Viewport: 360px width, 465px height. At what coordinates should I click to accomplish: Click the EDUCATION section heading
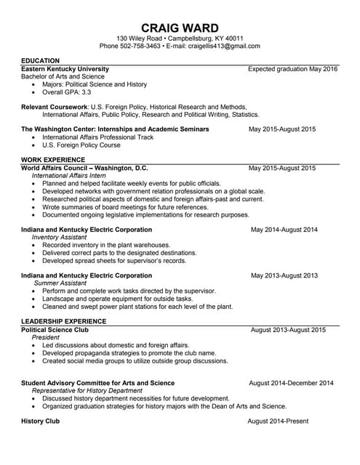point(41,60)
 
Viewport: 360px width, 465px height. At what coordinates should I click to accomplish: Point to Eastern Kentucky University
point(65,69)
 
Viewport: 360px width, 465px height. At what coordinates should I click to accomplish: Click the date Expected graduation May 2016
point(292,69)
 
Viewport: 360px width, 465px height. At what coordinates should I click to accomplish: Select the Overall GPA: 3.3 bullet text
point(67,93)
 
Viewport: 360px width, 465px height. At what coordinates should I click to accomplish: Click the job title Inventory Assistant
point(65,237)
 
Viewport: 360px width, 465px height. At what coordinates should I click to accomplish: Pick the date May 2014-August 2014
point(284,230)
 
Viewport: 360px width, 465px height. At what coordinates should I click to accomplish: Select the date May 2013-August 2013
point(284,276)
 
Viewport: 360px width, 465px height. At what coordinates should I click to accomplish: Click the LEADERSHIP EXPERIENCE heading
point(64,321)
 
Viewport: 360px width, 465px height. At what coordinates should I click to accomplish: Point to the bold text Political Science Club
point(55,330)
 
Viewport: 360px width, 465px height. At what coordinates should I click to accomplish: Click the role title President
point(46,338)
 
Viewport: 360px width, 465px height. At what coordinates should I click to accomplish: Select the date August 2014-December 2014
point(291,383)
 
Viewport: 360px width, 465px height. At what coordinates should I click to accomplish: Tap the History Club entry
point(40,421)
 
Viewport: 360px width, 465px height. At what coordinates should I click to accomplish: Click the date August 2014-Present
point(278,421)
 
